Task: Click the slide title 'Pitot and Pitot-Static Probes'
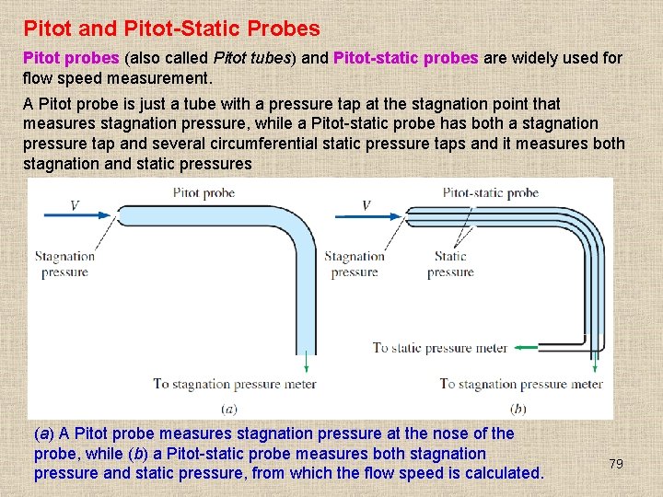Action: tap(171, 29)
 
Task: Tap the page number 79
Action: tap(616, 464)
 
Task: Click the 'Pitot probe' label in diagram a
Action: tap(204, 193)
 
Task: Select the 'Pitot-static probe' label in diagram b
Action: tap(491, 193)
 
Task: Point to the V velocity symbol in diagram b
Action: tap(366, 204)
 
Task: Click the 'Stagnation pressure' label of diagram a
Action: tap(64, 264)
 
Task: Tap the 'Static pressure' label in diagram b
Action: tap(450, 264)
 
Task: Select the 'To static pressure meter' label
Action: tap(440, 348)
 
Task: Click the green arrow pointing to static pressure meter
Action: tap(526, 348)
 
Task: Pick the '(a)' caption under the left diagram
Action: tap(229, 408)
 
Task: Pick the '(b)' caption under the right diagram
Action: tap(518, 408)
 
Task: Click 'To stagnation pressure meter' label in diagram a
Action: tap(234, 384)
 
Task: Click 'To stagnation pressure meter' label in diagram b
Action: tap(521, 384)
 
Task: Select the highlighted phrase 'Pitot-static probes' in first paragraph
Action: tap(405, 58)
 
